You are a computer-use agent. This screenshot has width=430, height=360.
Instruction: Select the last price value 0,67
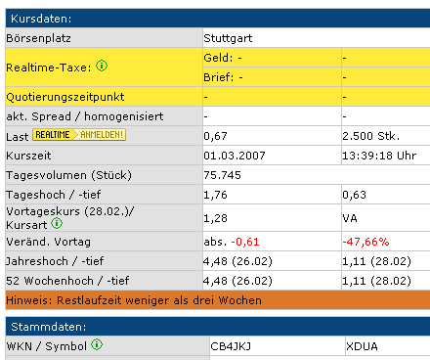pyautogui.click(x=215, y=136)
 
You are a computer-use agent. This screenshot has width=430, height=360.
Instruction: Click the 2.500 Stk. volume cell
pyautogui.click(x=369, y=136)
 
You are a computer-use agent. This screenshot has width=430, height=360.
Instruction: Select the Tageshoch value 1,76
pyautogui.click(x=215, y=195)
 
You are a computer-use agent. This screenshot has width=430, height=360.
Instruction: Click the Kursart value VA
pyautogui.click(x=351, y=216)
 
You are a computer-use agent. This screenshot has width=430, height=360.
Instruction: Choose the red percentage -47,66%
pyautogui.click(x=366, y=241)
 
